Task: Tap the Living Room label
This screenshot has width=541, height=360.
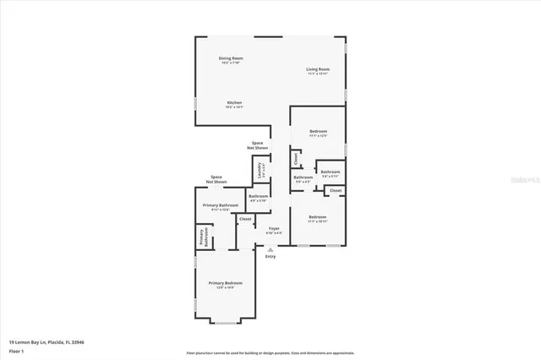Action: pyautogui.click(x=318, y=71)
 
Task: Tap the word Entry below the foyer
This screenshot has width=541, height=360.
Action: pyautogui.click(x=270, y=256)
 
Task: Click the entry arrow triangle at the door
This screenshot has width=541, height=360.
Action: pyautogui.click(x=270, y=249)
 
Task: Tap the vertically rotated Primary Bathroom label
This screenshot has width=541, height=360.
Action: pyautogui.click(x=202, y=237)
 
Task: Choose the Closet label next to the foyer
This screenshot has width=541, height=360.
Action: pyautogui.click(x=245, y=219)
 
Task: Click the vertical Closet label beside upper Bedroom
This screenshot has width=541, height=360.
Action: pyautogui.click(x=296, y=157)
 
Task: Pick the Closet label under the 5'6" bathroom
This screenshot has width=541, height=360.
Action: pyautogui.click(x=336, y=191)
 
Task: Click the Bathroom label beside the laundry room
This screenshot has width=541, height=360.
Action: pyautogui.click(x=258, y=198)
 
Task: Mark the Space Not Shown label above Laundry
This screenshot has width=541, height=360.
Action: pyautogui.click(x=257, y=145)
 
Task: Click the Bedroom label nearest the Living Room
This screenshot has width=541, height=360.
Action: pyautogui.click(x=318, y=133)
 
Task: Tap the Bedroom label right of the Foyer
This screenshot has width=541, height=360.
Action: pyautogui.click(x=318, y=219)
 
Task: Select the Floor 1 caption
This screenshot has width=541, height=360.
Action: pyautogui.click(x=17, y=351)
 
